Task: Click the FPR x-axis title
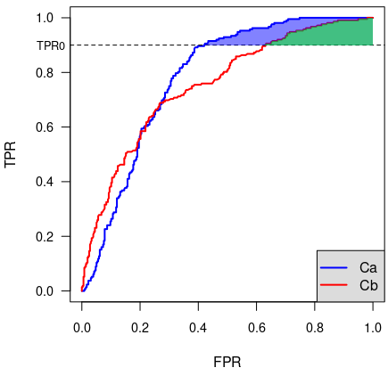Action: (227, 362)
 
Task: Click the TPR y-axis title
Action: (10, 155)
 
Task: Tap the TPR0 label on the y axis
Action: (51, 45)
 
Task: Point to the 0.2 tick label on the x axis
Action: (140, 328)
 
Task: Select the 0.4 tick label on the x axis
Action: (198, 328)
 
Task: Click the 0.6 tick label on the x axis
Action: (256, 328)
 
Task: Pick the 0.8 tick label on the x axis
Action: (315, 328)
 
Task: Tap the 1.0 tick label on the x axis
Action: (373, 328)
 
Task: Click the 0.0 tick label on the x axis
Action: (82, 328)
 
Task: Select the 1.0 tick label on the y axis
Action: (45, 18)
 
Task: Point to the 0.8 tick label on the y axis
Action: (45, 72)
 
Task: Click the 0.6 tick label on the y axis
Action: (45, 127)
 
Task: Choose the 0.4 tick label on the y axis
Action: (45, 182)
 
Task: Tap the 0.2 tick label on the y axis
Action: (45, 236)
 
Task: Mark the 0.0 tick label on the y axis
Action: (45, 291)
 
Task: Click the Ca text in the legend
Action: (368, 267)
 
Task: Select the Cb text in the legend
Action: (368, 285)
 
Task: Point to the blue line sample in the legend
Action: (334, 267)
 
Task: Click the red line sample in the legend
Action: (334, 285)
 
